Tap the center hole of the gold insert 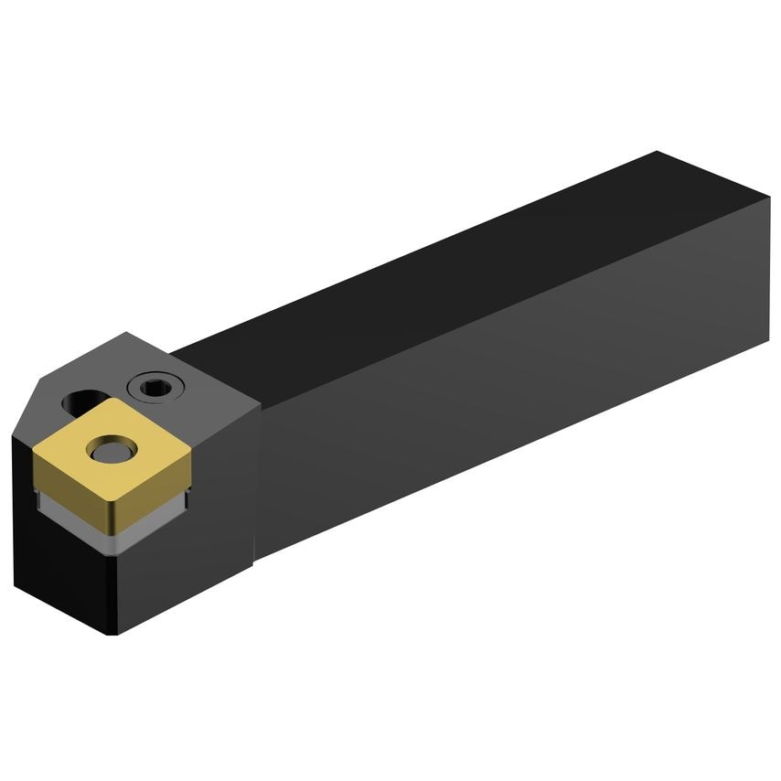coord(111,449)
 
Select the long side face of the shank coord(512,393)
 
